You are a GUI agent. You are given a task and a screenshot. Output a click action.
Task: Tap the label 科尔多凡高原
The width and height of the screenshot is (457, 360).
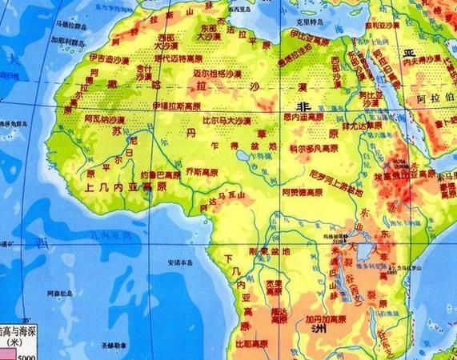click(x=314, y=148)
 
